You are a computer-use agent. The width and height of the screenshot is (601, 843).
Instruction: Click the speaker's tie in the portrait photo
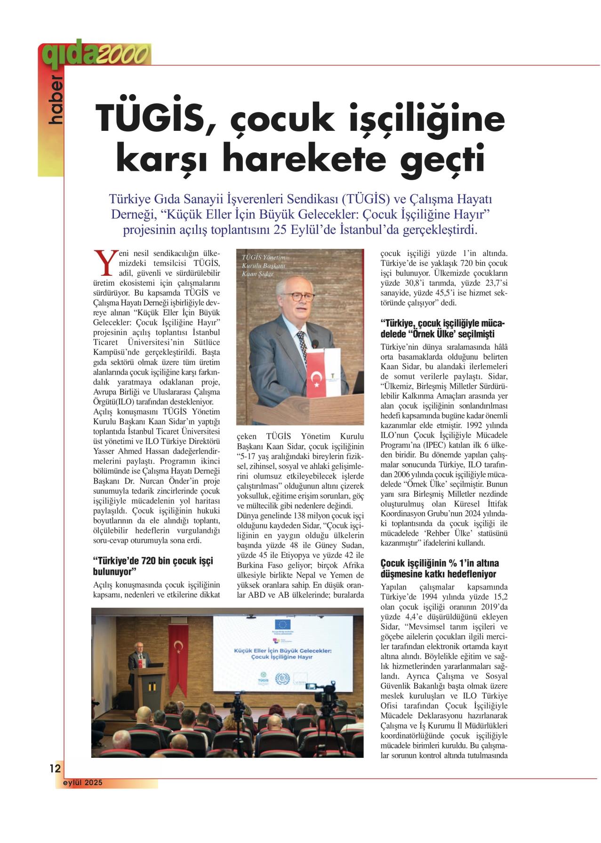302,343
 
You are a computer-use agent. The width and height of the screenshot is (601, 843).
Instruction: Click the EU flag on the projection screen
283,624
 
